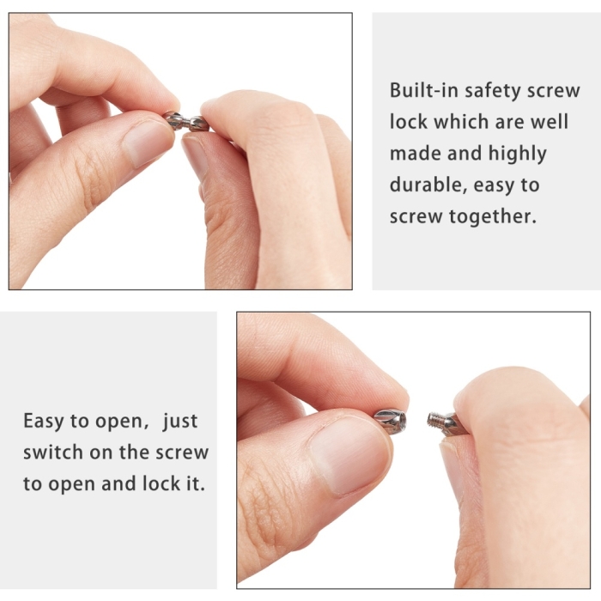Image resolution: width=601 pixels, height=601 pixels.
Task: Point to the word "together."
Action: point(493,217)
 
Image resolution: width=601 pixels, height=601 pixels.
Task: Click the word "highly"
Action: point(517,154)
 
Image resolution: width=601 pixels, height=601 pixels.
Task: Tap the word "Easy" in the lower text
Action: point(43,422)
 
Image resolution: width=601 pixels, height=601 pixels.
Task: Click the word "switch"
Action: point(53,452)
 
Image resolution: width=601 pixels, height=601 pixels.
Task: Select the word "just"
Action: point(179,422)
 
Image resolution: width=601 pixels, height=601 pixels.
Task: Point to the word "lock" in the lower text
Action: point(161,483)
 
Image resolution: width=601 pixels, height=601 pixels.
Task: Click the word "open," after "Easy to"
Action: point(122,422)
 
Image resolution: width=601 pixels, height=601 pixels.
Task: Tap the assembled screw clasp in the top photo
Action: point(185,121)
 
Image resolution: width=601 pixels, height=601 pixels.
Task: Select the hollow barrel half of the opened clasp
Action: point(390,422)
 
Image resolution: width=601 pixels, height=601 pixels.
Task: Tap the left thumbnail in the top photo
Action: point(148,143)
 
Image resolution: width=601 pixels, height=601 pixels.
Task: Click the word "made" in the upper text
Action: point(415,154)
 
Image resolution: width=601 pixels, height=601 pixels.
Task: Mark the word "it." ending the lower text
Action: point(196,483)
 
